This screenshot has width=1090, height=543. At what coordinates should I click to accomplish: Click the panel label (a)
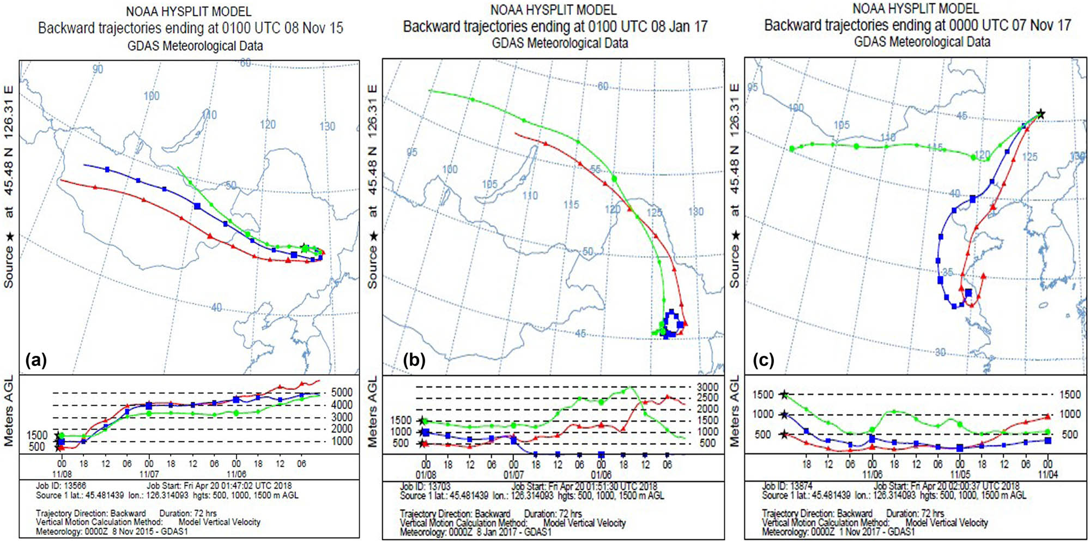(36, 360)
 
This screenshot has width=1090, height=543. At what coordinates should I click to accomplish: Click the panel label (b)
(414, 360)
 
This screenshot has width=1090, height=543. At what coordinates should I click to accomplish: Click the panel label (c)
(763, 360)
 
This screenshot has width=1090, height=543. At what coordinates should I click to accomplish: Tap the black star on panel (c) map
(1040, 114)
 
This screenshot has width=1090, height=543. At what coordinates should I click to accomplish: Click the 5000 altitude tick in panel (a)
(342, 393)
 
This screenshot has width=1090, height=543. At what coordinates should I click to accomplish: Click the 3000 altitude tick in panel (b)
(707, 387)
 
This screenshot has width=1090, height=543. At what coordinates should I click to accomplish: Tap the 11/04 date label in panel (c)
(1047, 474)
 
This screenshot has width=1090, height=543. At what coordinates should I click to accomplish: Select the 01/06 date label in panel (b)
(601, 475)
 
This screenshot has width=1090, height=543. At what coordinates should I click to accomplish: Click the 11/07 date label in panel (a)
(149, 474)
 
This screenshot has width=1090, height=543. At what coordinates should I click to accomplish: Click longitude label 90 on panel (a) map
(98, 69)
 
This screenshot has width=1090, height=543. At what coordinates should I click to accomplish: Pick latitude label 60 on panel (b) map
(603, 86)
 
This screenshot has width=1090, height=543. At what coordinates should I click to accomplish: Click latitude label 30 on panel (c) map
(940, 352)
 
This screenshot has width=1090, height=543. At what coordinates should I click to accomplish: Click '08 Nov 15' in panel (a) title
(313, 28)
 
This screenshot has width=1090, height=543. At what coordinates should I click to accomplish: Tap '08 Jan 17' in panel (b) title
(679, 27)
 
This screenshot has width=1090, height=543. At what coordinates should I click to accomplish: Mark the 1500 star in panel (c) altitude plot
(784, 394)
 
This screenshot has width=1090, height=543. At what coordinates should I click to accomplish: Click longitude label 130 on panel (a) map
(327, 126)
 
